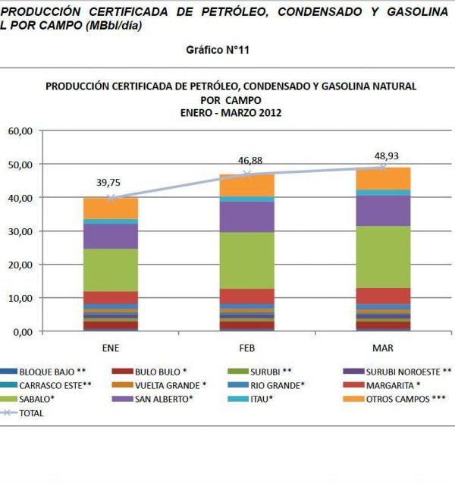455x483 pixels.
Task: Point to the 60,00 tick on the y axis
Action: pos(20,131)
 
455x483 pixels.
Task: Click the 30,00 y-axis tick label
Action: pos(20,231)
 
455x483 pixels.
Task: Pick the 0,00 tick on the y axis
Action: pos(23,332)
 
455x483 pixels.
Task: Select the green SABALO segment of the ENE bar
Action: pos(111,270)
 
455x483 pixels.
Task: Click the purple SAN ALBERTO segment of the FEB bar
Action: pos(246,217)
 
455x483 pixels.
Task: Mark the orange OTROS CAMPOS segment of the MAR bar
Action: pos(382,178)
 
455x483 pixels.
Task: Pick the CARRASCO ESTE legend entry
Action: pos(45,385)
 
